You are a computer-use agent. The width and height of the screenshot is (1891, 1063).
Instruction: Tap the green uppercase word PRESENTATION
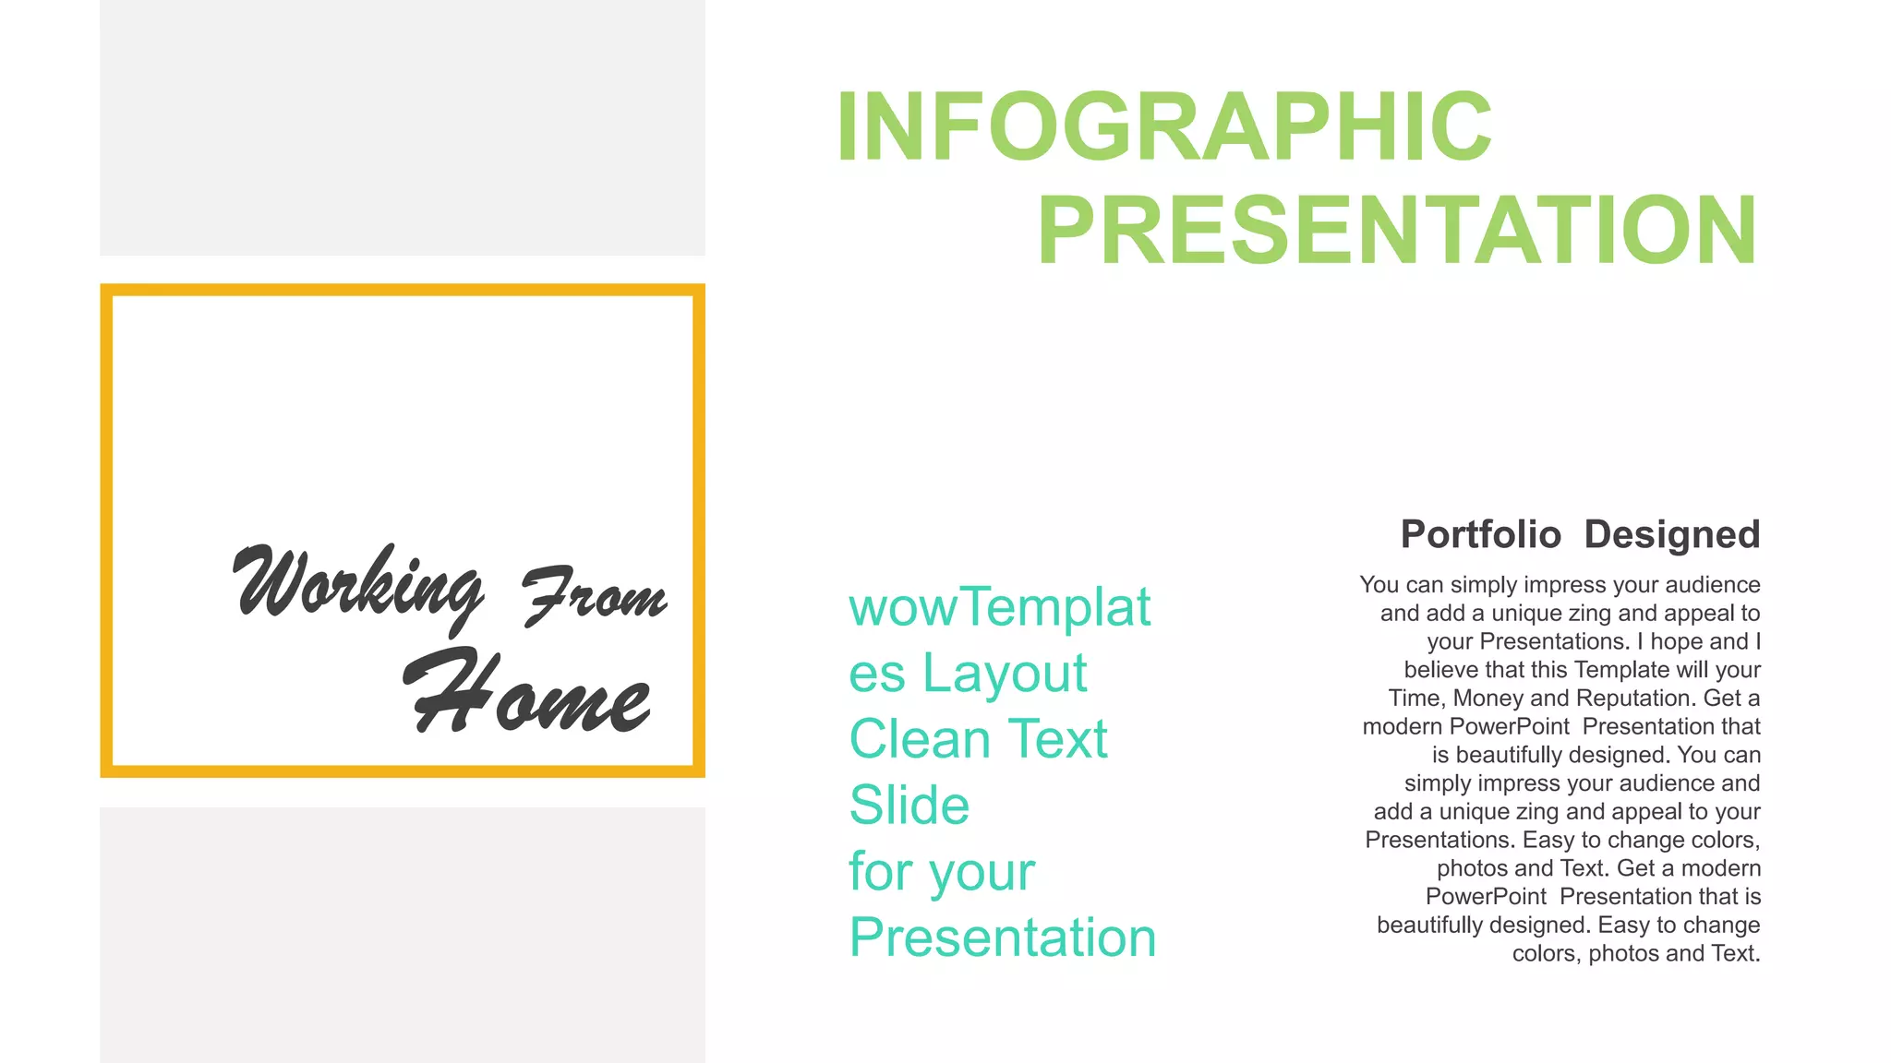pos(1396,231)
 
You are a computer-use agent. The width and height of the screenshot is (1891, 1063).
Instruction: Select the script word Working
pos(356,586)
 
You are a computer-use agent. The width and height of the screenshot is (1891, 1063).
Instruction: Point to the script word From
pos(595,595)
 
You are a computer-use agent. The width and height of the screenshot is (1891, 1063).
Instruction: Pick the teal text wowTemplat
pos(999,607)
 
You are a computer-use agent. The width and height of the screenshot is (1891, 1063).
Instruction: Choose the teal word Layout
pos(1005,673)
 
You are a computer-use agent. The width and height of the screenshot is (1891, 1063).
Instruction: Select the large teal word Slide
pos(909,806)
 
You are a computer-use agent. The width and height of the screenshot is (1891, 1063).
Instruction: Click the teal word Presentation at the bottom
pos(1002,938)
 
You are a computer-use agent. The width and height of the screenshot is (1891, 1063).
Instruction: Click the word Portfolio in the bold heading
pos(1480,535)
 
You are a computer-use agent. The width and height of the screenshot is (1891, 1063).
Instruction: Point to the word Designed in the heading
pos(1671,535)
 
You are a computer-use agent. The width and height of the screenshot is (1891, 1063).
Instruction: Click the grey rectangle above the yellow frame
pos(402,127)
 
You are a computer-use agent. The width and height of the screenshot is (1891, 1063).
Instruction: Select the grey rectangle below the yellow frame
pos(402,934)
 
